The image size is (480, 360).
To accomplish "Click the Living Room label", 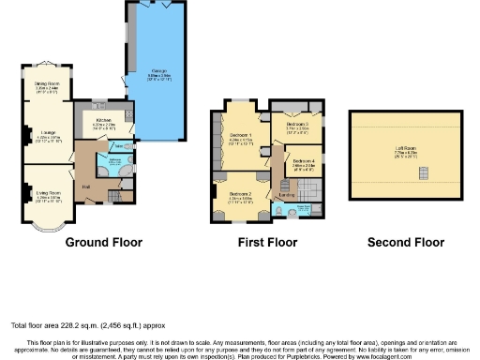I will pyautogui.click(x=48, y=193).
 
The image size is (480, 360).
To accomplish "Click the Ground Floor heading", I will pyautogui.click(x=104, y=242).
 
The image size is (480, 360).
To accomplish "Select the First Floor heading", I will pyautogui.click(x=268, y=242).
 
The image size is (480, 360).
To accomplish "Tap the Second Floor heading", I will pyautogui.click(x=405, y=242).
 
